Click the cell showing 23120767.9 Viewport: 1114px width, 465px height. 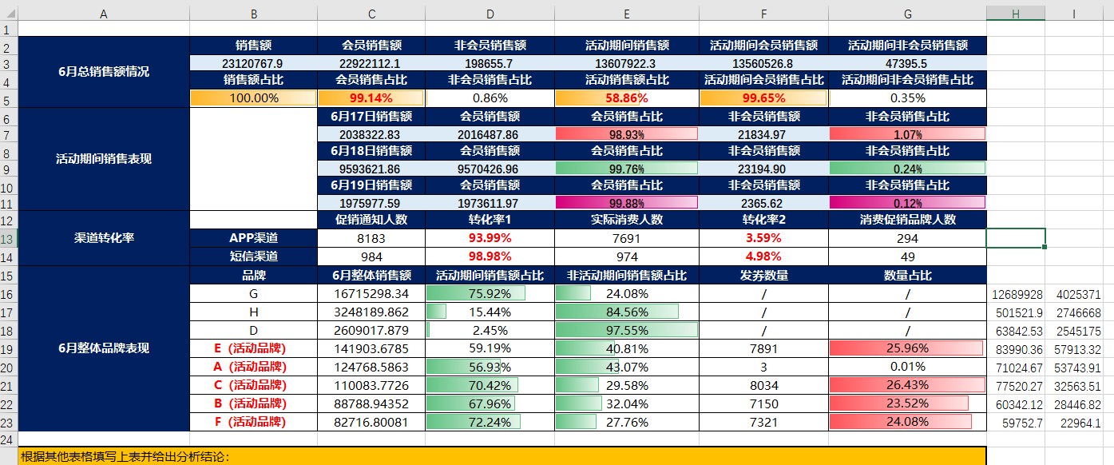[252, 63]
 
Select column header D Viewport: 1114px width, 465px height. [490, 14]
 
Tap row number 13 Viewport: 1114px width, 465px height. [8, 238]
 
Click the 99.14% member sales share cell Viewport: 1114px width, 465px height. [371, 98]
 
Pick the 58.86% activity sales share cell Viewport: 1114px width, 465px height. [626, 98]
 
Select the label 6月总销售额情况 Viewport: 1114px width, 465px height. [103, 72]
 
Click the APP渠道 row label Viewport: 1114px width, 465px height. [254, 238]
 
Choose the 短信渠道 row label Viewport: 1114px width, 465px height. [254, 256]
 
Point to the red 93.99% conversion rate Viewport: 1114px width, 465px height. [490, 238]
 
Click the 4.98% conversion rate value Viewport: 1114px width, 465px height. [763, 256]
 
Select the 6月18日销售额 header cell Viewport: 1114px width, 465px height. [371, 151]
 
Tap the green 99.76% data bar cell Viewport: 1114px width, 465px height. [626, 169]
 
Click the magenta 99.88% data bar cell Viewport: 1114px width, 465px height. [626, 204]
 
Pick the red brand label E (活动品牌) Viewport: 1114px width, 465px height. [254, 348]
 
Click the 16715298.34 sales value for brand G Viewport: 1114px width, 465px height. [371, 294]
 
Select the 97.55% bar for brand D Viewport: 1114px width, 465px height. [626, 331]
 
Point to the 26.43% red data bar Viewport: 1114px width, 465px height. [907, 385]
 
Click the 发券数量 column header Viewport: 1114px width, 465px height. [763, 276]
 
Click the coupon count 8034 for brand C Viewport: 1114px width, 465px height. [763, 385]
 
